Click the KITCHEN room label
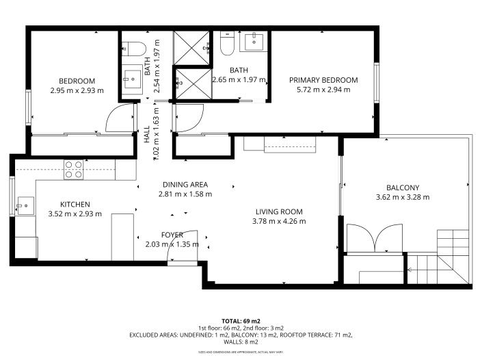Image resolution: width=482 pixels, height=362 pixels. click(75, 204)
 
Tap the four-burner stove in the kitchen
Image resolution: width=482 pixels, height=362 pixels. click(74, 169)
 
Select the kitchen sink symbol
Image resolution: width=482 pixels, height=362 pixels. click(25, 205)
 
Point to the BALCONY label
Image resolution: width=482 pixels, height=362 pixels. click(402, 188)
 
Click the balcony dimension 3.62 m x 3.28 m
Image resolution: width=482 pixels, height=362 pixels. click(402, 198)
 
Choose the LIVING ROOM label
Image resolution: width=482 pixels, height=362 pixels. click(279, 211)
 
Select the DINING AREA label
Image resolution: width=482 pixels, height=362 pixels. click(185, 184)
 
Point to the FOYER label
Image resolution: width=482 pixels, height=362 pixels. click(172, 235)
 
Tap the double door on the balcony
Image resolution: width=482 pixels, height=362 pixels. click(375, 239)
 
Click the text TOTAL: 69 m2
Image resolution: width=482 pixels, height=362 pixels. click(241, 320)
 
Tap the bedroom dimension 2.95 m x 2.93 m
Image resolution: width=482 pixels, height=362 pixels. click(77, 89)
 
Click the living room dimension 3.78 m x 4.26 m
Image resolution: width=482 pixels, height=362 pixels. click(279, 221)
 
